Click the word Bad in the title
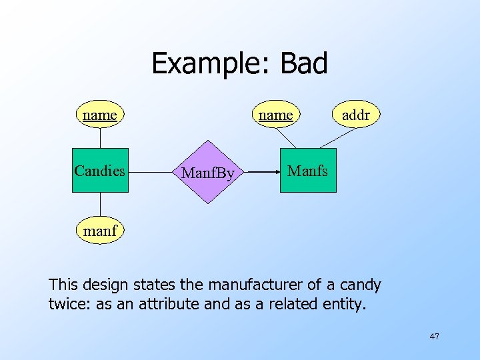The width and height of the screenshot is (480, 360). [x=304, y=64]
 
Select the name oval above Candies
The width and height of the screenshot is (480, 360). [x=100, y=115]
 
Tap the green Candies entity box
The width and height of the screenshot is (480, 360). [x=100, y=170]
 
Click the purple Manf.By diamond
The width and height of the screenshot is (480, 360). [x=209, y=172]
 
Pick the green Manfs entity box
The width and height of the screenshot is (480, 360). [x=307, y=171]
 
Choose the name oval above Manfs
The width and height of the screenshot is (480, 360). [x=276, y=115]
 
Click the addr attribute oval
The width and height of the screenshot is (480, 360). [x=355, y=115]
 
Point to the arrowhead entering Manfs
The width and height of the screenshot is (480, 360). [x=275, y=171]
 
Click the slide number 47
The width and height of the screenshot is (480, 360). [x=434, y=337]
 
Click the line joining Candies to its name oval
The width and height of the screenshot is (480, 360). [x=100, y=137]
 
